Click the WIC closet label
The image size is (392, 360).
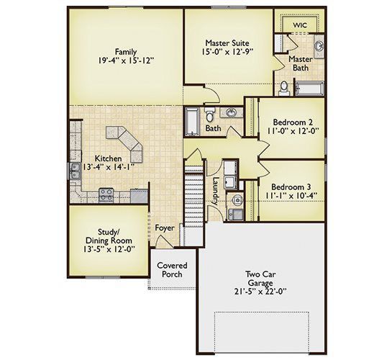pyautogui.click(x=300, y=25)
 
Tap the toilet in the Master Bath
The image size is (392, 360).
pyautogui.click(x=284, y=89)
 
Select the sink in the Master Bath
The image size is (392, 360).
pyautogui.click(x=319, y=47)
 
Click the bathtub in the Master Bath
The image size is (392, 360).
pyautogui.click(x=310, y=89)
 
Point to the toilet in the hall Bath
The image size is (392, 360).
pyautogui.click(x=209, y=114)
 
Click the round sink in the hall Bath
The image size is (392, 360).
pyautogui.click(x=232, y=112)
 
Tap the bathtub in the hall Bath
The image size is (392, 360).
pyautogui.click(x=192, y=122)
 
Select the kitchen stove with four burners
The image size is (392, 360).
pyautogui.click(x=106, y=195)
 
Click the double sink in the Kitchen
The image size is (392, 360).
pyautogui.click(x=76, y=171)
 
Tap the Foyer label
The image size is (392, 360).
pyautogui.click(x=165, y=228)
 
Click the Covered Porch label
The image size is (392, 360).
pyautogui.click(x=172, y=270)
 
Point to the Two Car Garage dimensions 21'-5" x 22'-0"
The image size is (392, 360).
pyautogui.click(x=260, y=292)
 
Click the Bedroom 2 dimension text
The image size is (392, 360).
pyautogui.click(x=292, y=131)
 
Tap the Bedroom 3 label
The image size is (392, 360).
pyautogui.click(x=291, y=187)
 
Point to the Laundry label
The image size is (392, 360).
pyautogui.click(x=216, y=191)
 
